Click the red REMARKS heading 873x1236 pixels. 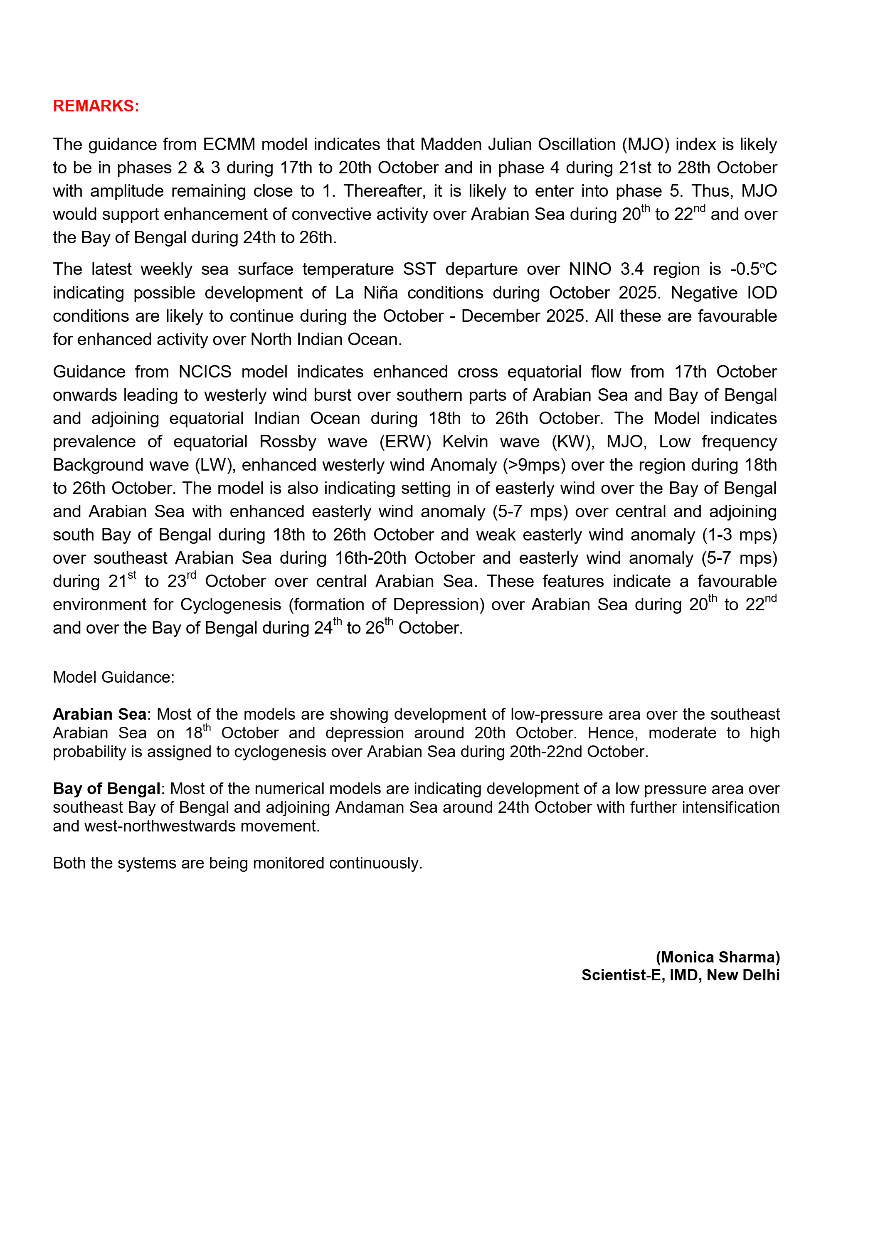[96, 106]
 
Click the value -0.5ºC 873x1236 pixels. [753, 269]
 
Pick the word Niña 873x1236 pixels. [380, 293]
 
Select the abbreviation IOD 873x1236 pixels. [761, 293]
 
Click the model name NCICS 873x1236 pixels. [205, 372]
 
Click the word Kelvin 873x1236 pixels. [465, 442]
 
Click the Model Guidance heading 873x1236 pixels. [113, 677]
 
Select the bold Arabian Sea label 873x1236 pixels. [100, 714]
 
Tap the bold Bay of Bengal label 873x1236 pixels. [106, 789]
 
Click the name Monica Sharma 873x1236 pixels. [718, 957]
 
